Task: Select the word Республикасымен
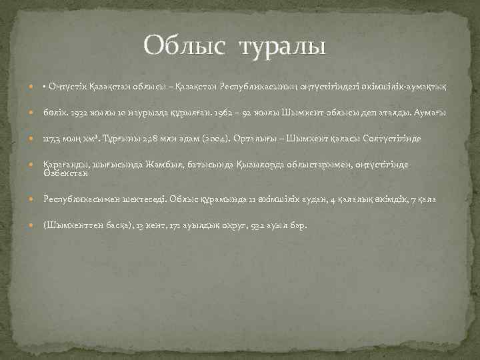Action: click(81, 199)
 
